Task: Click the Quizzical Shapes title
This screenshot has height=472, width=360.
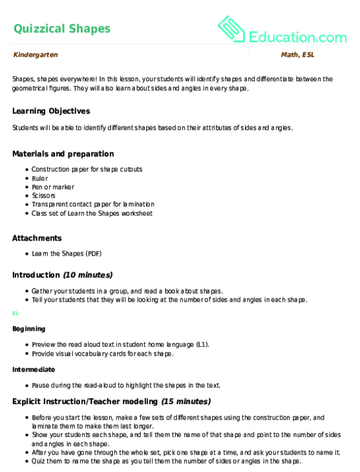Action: click(x=61, y=28)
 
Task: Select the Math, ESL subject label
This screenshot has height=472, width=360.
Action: click(x=297, y=56)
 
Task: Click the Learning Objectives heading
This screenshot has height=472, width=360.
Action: click(x=51, y=111)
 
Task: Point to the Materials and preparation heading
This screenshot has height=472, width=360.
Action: click(x=63, y=154)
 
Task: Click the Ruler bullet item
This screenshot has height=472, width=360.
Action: click(x=39, y=178)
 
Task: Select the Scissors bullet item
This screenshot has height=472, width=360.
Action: click(x=43, y=195)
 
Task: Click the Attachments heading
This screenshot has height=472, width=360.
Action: click(x=37, y=238)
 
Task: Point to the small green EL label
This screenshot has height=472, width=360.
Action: click(x=15, y=313)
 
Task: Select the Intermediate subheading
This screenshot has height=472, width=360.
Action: click(x=32, y=369)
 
